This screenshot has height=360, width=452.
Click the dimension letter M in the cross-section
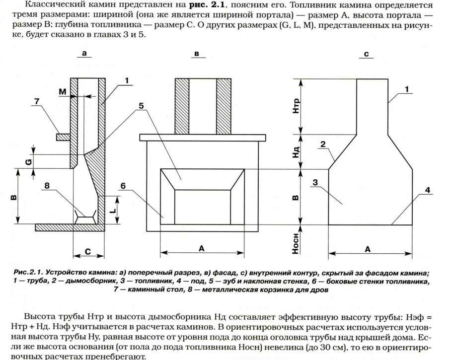(x=62, y=91)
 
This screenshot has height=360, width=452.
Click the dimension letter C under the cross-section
(x=87, y=252)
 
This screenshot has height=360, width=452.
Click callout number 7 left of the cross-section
(x=36, y=102)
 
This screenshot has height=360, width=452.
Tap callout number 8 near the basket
(x=47, y=186)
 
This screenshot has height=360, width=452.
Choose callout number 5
(x=141, y=106)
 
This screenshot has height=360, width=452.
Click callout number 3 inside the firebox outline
(x=315, y=183)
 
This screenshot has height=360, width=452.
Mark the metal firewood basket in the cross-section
(x=85, y=215)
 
